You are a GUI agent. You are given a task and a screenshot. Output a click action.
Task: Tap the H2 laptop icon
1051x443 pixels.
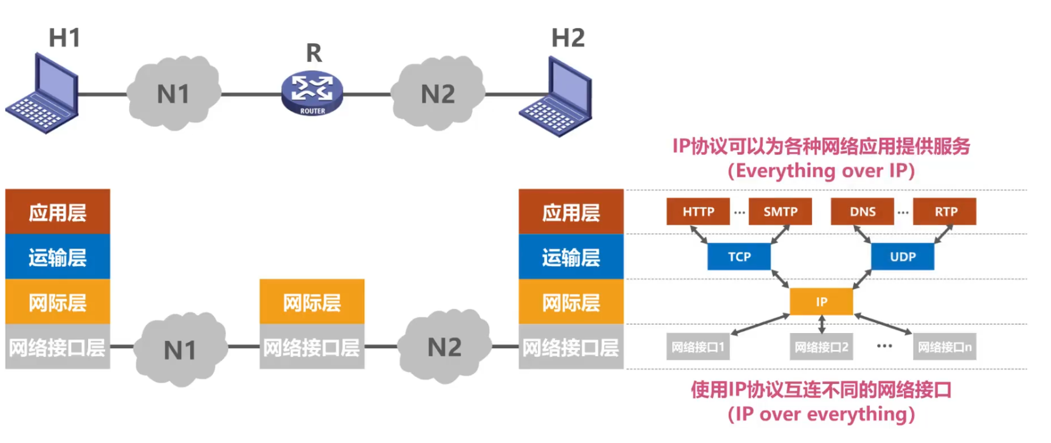[557, 97]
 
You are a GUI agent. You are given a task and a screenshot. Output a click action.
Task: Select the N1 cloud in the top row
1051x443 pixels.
[174, 94]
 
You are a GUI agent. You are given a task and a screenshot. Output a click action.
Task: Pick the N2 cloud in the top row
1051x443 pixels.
[438, 94]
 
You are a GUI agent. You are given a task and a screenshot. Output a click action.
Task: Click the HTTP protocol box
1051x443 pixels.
[698, 211]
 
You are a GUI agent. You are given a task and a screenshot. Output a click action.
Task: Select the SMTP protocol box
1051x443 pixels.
[780, 211]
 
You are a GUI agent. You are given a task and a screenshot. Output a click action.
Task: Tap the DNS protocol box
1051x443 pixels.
[862, 211]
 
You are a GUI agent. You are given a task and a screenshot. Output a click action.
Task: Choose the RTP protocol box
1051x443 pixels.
[945, 211]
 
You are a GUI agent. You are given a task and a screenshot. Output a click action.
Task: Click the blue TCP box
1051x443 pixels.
[739, 256]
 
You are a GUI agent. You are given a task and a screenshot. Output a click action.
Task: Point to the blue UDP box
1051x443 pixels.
[902, 256]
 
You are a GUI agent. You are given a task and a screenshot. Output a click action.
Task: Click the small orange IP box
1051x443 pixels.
[821, 301]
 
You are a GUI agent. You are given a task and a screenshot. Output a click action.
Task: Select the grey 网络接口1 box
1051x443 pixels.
[698, 347]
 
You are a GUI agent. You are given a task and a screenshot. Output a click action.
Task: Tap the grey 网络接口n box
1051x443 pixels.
[944, 347]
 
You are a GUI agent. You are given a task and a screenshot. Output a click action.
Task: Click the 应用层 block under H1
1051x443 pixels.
[58, 212]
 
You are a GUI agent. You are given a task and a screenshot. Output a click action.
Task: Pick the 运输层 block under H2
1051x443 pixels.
[571, 257]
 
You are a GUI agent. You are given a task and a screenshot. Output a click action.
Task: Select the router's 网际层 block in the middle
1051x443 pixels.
[312, 302]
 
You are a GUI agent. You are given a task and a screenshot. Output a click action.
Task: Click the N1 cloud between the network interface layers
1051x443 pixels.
[181, 349]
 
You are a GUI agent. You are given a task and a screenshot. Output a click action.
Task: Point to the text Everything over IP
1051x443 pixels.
[821, 171]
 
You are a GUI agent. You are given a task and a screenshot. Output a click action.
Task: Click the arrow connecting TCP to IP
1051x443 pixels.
[780, 278]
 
